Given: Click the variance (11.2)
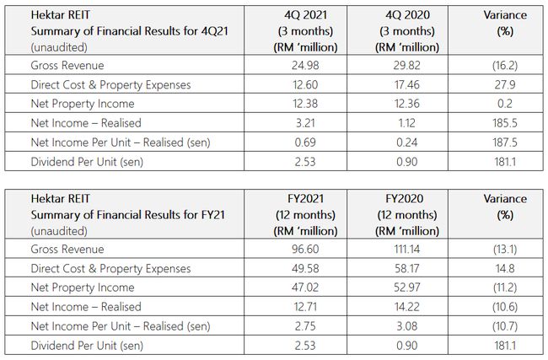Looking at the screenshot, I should pyautogui.click(x=507, y=288).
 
